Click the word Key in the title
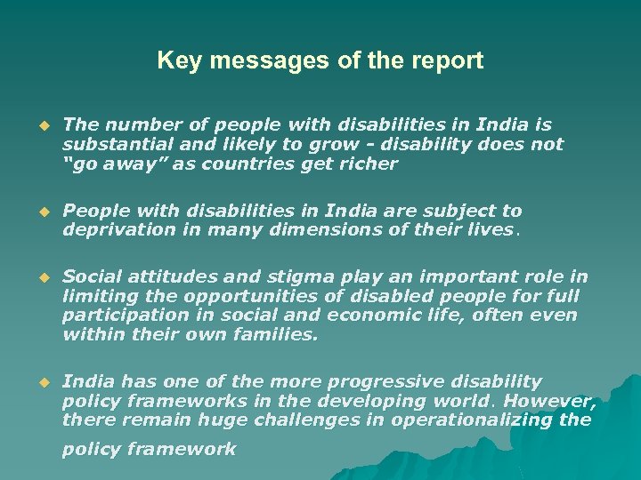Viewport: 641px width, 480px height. (x=174, y=60)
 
